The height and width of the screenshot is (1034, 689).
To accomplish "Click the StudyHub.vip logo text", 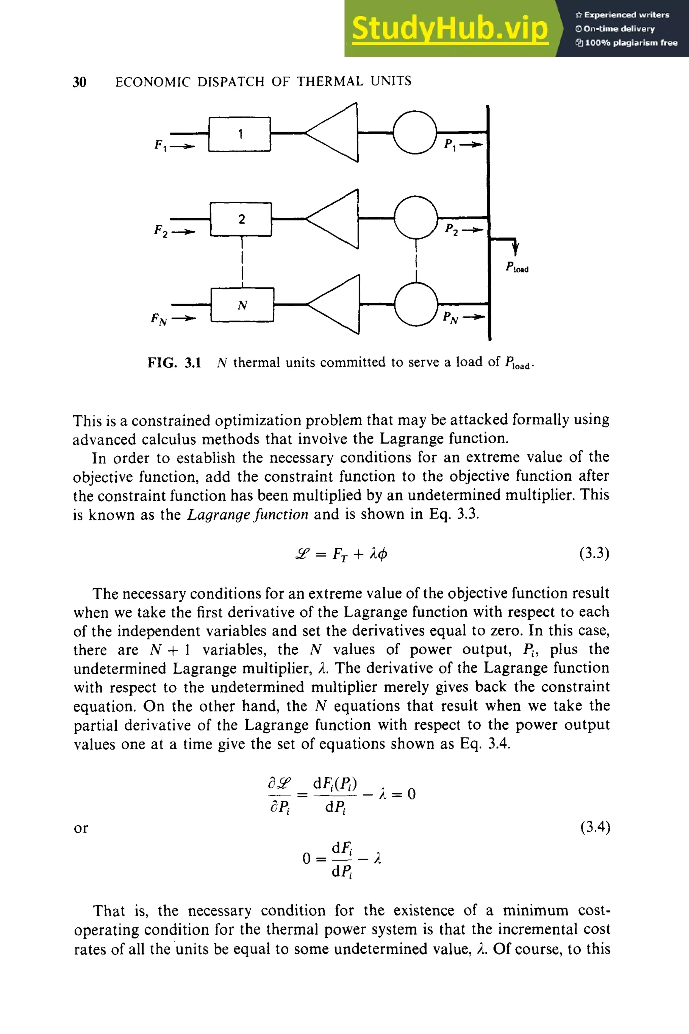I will (x=449, y=29).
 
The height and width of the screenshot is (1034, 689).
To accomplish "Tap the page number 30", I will (x=79, y=82).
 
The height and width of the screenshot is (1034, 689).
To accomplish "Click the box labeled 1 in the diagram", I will (x=240, y=134).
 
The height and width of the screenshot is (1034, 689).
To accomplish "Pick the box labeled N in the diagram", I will (x=242, y=305).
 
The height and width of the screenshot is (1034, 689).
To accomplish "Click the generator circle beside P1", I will (x=414, y=132).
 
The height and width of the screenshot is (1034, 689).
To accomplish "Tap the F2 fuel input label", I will (x=161, y=230).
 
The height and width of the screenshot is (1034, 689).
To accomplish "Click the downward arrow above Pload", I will (x=515, y=248).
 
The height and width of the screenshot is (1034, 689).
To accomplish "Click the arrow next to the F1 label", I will (x=182, y=146).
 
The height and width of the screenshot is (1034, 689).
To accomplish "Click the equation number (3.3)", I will (x=594, y=553).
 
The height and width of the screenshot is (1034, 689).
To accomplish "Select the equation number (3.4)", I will (x=595, y=827).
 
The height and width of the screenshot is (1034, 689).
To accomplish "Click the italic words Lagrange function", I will (x=248, y=514).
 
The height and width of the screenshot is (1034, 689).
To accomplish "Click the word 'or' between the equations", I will (x=81, y=828).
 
